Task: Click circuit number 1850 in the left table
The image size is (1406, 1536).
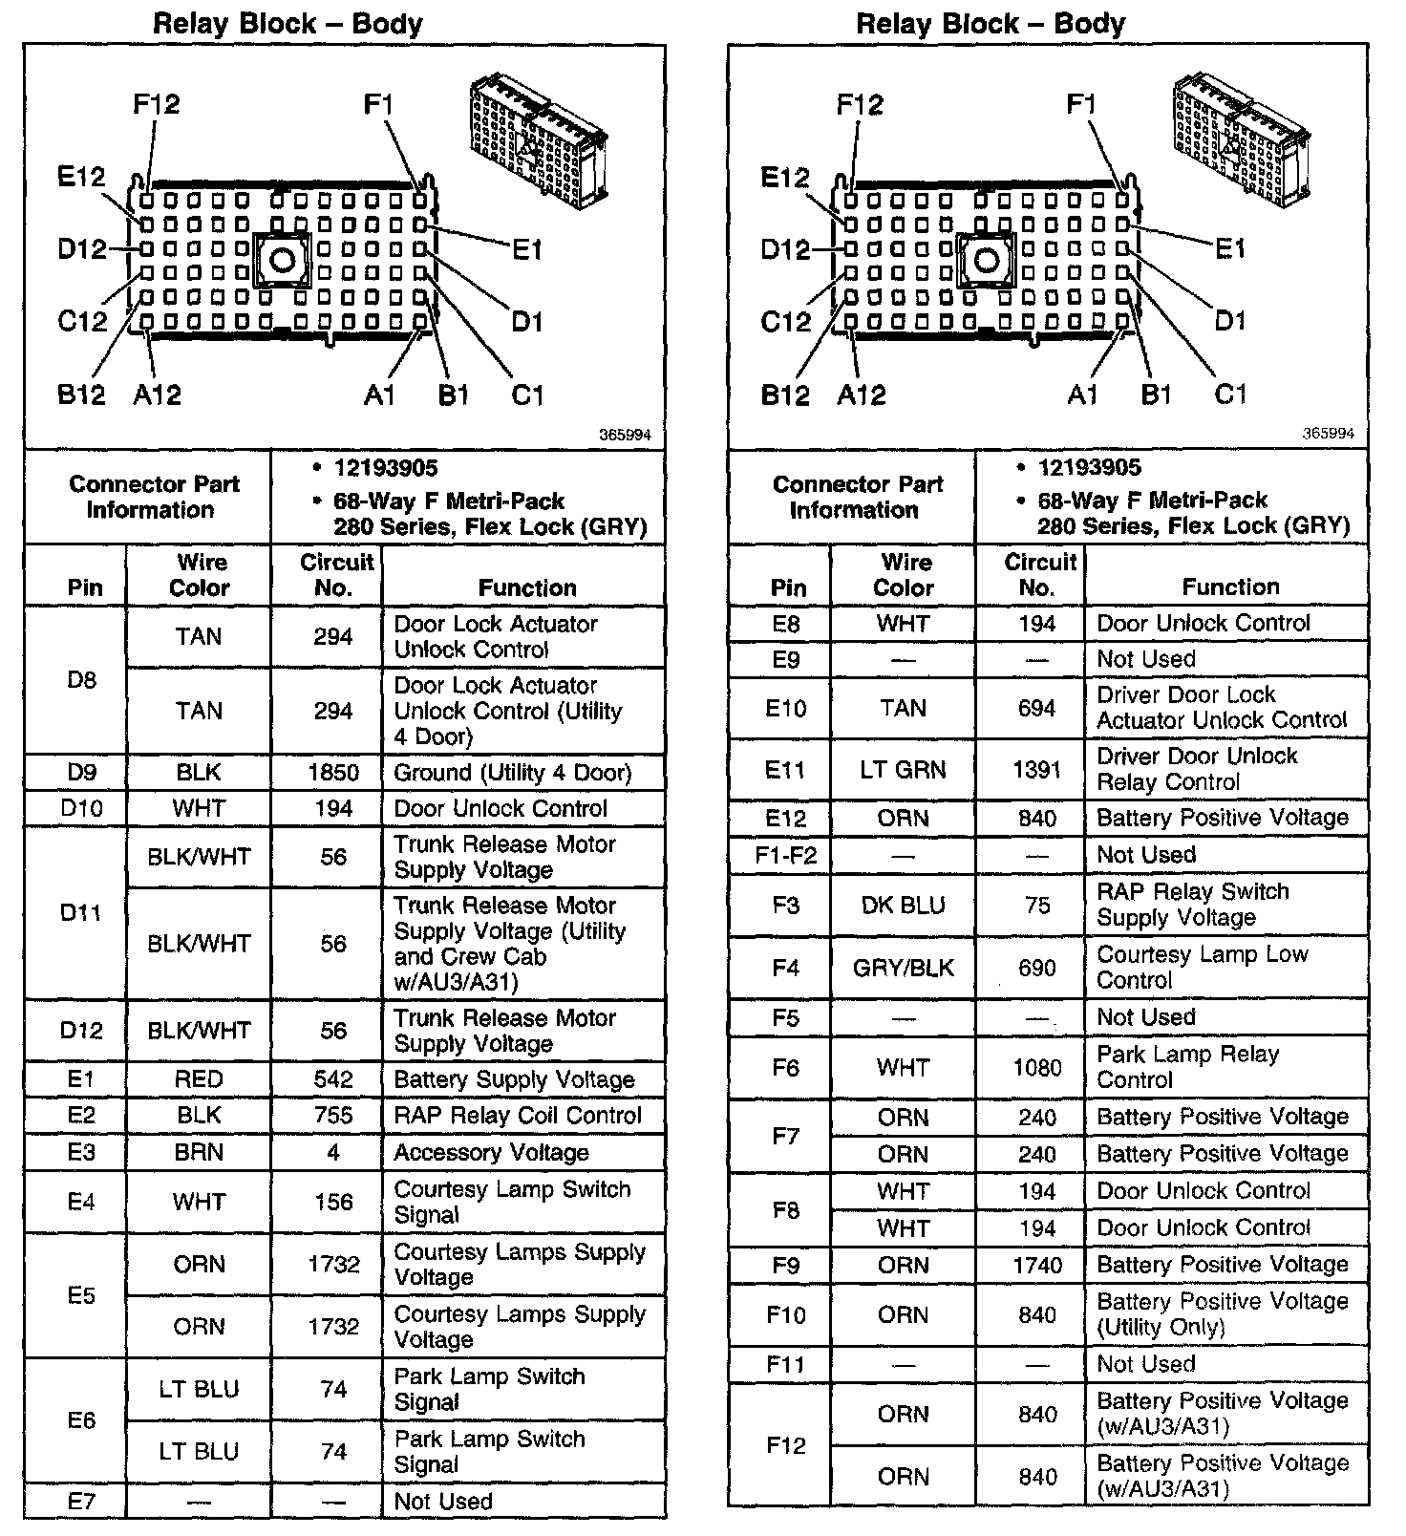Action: click(333, 773)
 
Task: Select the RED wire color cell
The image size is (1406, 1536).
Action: click(199, 1079)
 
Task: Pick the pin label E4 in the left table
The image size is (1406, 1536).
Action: click(81, 1201)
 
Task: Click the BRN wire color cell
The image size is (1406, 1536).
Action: click(199, 1152)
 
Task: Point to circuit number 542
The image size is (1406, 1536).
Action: click(333, 1079)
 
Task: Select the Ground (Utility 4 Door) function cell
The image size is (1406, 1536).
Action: click(513, 773)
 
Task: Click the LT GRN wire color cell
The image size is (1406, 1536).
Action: click(903, 769)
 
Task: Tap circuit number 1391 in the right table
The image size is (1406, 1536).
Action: click(1037, 769)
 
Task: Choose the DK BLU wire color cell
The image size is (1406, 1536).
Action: click(903, 905)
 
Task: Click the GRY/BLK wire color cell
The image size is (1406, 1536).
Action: click(903, 968)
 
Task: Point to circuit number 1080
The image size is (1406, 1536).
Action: click(1037, 1067)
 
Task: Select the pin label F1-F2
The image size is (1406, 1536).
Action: click(786, 855)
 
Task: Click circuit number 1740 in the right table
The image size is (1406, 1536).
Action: click(1037, 1266)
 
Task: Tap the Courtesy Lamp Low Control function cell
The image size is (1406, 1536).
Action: click(1202, 967)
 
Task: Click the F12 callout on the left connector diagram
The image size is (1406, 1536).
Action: click(157, 104)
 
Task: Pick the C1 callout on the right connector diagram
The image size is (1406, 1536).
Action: click(1230, 394)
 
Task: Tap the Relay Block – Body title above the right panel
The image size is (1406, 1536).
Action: click(991, 23)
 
